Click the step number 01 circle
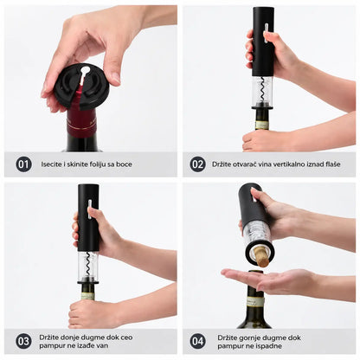click(23, 164)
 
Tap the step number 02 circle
click(197, 164)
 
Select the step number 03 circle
click(23, 341)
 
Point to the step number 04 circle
click(198, 342)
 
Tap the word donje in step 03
click(70, 337)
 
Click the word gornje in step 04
click(250, 337)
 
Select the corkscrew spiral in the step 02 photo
click(262, 90)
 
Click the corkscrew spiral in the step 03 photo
click(87, 265)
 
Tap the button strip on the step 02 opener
click(267, 32)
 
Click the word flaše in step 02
click(332, 164)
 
